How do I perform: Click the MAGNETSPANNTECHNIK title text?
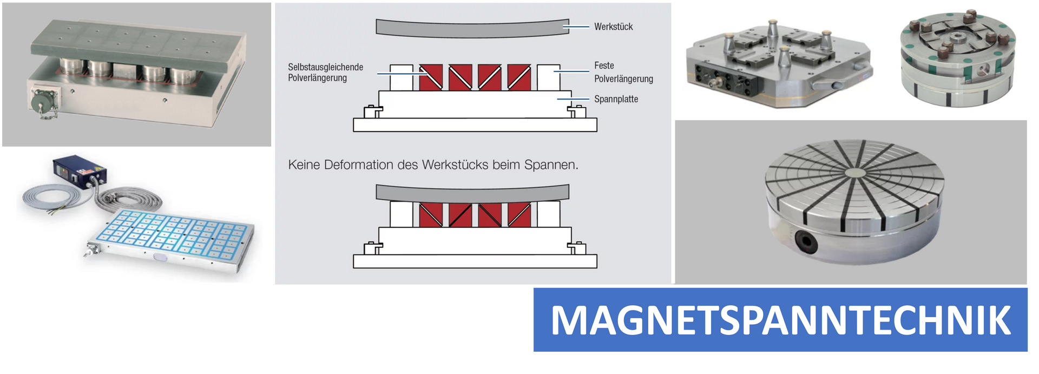click(x=780, y=320)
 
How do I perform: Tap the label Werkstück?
click(x=613, y=27)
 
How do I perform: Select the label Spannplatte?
click(x=616, y=99)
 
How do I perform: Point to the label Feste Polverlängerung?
click(x=623, y=72)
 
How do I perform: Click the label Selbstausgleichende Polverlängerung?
click(x=325, y=73)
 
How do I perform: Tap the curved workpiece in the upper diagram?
click(x=472, y=29)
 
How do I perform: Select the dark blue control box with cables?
click(x=80, y=171)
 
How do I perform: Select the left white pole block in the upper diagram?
click(x=401, y=77)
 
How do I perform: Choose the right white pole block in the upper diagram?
click(x=548, y=77)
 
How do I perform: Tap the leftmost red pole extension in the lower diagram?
click(x=431, y=214)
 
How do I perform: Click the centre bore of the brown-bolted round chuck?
click(x=956, y=38)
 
